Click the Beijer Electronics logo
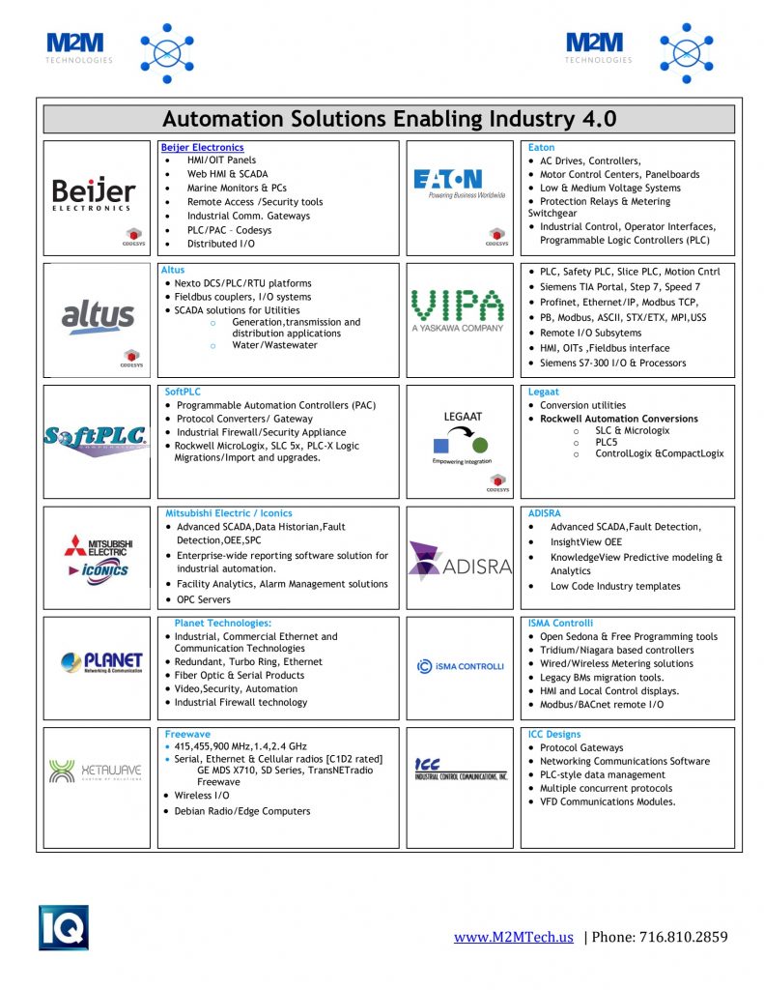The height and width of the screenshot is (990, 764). [93, 192]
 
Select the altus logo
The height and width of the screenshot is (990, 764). [97, 315]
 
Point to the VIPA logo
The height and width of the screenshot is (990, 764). [457, 309]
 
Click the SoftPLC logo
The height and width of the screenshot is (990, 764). [97, 437]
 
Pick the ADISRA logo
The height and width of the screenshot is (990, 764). [459, 560]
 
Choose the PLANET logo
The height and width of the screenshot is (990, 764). [100, 662]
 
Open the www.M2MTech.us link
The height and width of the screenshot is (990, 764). [514, 937]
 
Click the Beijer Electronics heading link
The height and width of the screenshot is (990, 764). [202, 147]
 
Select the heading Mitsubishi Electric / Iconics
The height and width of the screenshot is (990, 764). [229, 513]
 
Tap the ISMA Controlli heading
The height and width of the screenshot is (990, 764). [560, 624]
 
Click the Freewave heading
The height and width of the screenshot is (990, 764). [187, 734]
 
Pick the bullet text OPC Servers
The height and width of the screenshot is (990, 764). [204, 599]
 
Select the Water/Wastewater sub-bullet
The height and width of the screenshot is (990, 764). [274, 345]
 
